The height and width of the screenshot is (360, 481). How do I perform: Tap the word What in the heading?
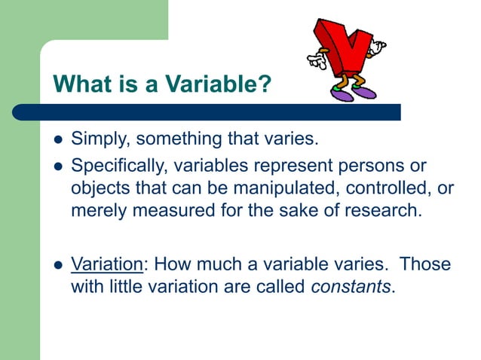point(79,84)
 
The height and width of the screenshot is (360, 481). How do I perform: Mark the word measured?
point(169,210)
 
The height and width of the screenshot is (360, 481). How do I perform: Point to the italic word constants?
point(351,287)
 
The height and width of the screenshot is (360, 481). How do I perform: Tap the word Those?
point(425,264)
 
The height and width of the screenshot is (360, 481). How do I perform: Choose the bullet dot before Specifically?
point(57,166)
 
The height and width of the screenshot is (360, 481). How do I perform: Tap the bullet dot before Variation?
point(57,266)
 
